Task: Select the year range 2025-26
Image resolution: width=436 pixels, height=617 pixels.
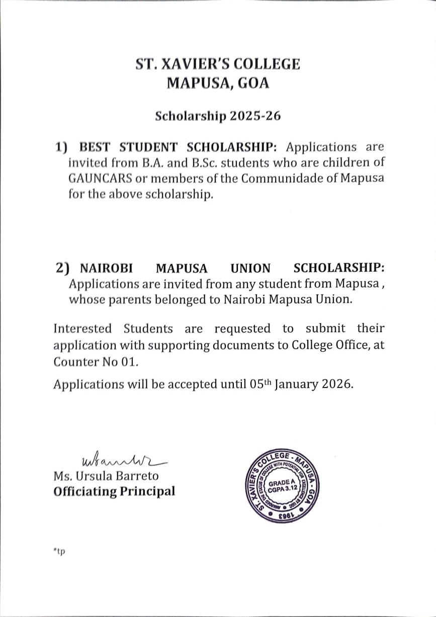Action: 255,116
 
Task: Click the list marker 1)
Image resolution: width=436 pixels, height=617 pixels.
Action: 61,147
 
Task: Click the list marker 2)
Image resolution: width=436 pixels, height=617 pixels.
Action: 63,268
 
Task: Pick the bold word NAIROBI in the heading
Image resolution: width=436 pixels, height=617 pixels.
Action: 107,268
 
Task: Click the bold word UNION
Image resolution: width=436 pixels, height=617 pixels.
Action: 250,268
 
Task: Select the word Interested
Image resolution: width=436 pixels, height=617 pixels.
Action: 82,329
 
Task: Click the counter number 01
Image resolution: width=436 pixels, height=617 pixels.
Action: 129,361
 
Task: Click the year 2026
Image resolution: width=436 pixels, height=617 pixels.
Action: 337,384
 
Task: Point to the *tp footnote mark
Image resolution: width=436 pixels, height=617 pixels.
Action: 59,552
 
